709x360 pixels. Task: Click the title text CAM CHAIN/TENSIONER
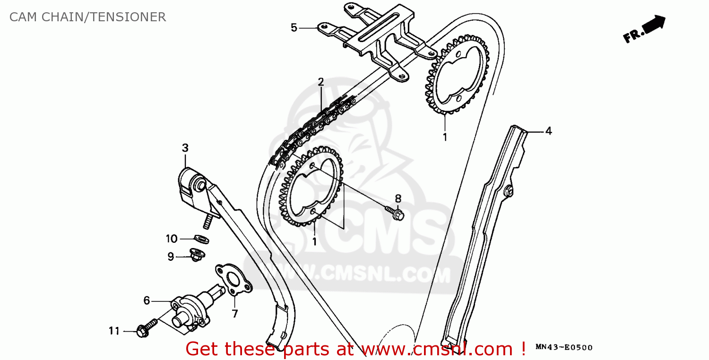pyautogui.click(x=87, y=17)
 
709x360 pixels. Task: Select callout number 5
pyautogui.click(x=294, y=28)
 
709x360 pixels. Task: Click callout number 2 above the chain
pyautogui.click(x=321, y=82)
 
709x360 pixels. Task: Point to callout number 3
pyautogui.click(x=185, y=148)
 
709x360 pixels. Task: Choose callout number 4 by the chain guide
pyautogui.click(x=548, y=131)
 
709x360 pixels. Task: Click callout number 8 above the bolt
pyautogui.click(x=398, y=198)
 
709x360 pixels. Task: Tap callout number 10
pyautogui.click(x=171, y=239)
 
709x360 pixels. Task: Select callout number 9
pyautogui.click(x=171, y=257)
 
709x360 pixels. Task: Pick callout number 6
pyautogui.click(x=147, y=300)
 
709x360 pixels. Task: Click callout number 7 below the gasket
pyautogui.click(x=235, y=313)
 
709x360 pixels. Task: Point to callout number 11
pyautogui.click(x=114, y=331)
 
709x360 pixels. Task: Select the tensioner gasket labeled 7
pyautogui.click(x=233, y=280)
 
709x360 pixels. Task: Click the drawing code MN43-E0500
pyautogui.click(x=564, y=348)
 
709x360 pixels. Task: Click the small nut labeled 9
pyautogui.click(x=196, y=255)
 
